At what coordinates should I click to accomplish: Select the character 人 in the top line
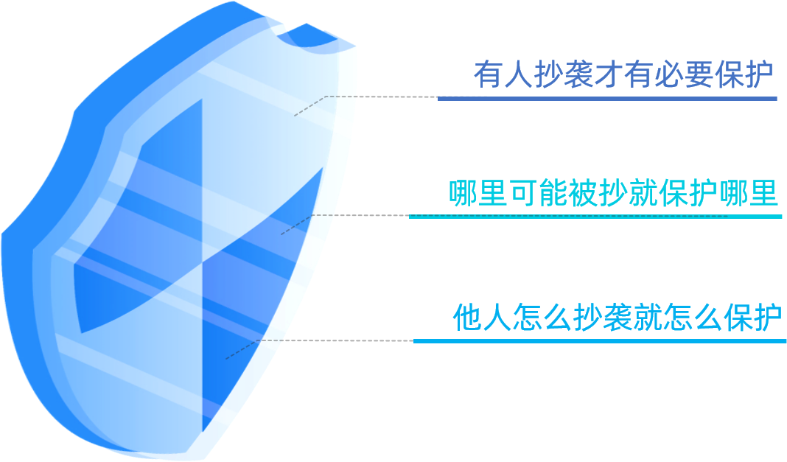pyautogui.click(x=517, y=74)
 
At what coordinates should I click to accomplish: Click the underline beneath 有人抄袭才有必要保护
pyautogui.click(x=607, y=98)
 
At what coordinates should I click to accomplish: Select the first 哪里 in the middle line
pyautogui.click(x=478, y=193)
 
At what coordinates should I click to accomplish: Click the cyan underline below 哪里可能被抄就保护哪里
pyautogui.click(x=595, y=217)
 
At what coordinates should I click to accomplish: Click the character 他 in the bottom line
pyautogui.click(x=468, y=318)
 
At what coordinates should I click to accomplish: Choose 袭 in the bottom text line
pyautogui.click(x=618, y=318)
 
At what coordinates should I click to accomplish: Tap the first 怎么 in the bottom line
pyautogui.click(x=542, y=318)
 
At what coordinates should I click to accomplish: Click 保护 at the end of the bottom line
pyautogui.click(x=752, y=318)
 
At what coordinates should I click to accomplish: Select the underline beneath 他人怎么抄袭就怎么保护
pyautogui.click(x=598, y=341)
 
